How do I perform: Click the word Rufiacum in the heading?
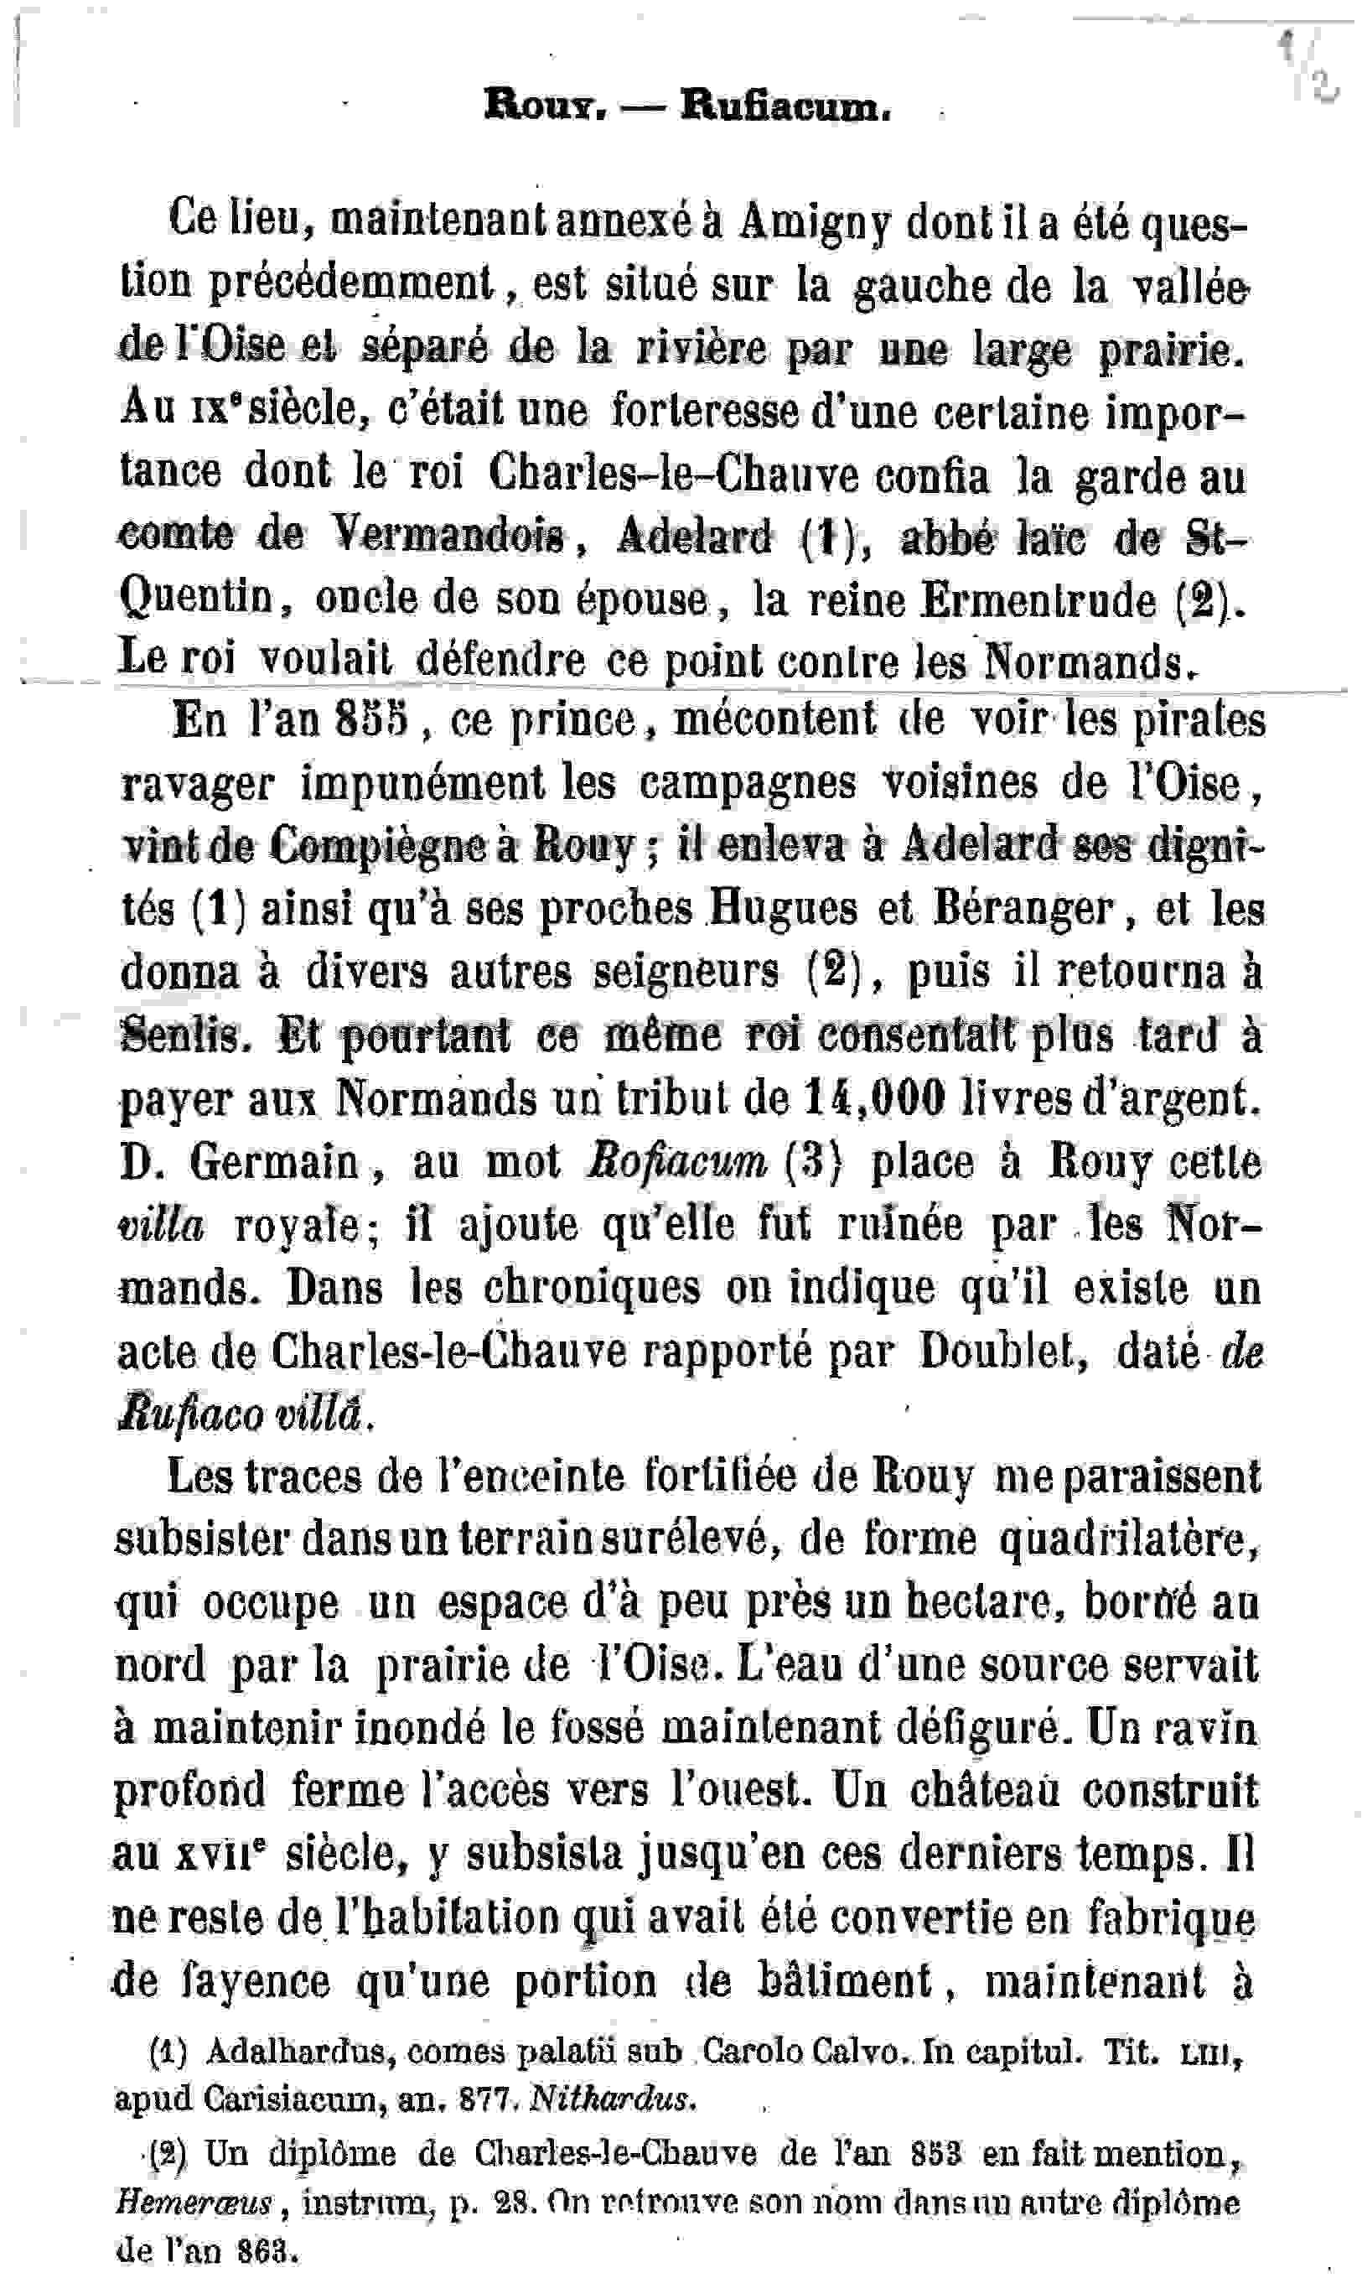tap(785, 108)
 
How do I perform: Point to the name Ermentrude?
tap(1038, 600)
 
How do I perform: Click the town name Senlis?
tap(185, 1035)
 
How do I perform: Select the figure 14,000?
tap(873, 1097)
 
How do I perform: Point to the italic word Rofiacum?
tap(676, 1162)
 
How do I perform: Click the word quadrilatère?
tap(1128, 1539)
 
